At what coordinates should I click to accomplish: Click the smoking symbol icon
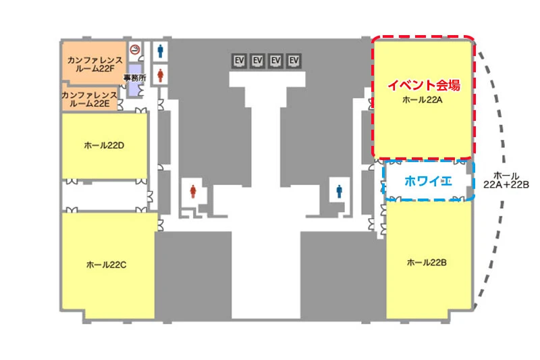tap(135, 49)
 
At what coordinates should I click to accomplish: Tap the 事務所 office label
tap(134, 78)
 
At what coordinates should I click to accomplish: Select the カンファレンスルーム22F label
tap(95, 64)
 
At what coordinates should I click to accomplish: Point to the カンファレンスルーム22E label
tap(90, 99)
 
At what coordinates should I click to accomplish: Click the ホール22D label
tap(104, 145)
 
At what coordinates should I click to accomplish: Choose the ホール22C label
tap(106, 265)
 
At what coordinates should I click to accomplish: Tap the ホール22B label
tap(427, 263)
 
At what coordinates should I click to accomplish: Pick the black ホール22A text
tap(423, 100)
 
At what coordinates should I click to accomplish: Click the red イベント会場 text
tap(424, 85)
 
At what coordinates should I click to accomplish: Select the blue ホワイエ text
tap(428, 181)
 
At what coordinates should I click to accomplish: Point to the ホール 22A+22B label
tap(506, 180)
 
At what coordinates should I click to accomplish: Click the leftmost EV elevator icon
tap(239, 61)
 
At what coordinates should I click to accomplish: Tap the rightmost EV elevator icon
tap(294, 61)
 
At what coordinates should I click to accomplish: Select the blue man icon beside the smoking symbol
tap(160, 51)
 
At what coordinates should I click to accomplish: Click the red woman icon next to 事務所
tap(160, 76)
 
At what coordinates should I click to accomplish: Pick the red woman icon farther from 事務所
tap(193, 191)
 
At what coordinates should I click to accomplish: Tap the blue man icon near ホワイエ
tap(340, 191)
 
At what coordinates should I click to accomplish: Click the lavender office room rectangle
tap(135, 80)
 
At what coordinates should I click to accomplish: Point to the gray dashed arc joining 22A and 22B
tap(504, 162)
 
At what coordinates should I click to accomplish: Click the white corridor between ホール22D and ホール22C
tap(105, 196)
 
